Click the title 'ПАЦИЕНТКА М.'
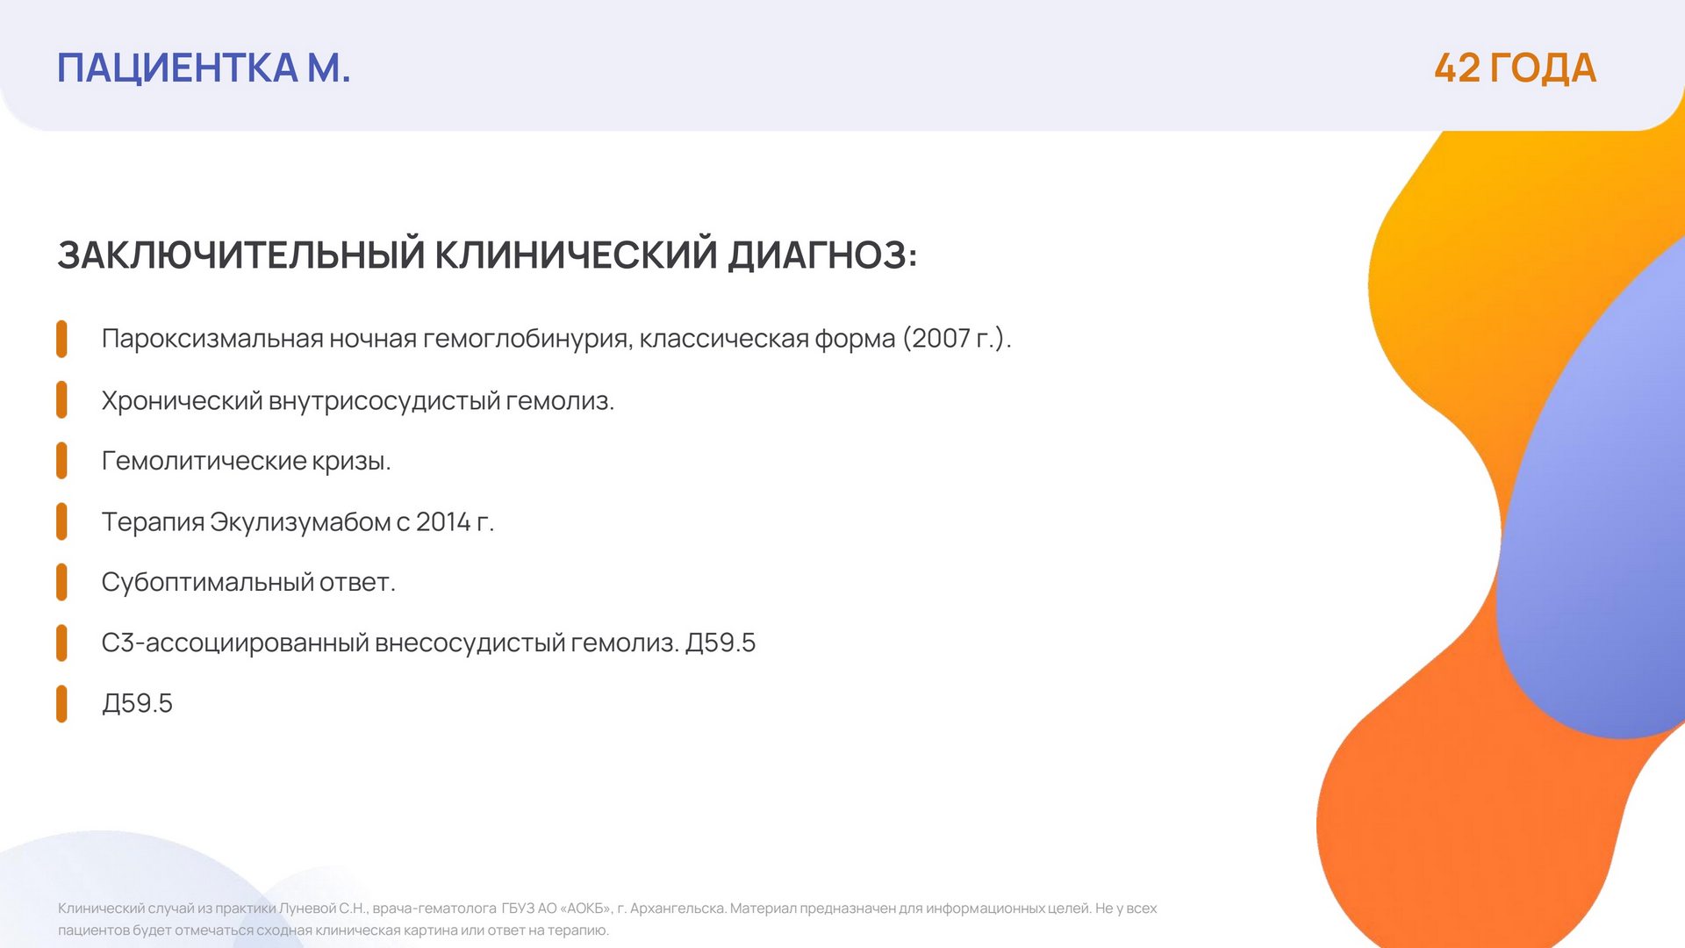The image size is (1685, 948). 204,68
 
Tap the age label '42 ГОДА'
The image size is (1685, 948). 1515,68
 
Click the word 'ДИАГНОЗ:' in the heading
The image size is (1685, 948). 822,255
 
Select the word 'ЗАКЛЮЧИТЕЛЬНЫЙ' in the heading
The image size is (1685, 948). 241,255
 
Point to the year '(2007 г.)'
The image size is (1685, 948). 957,339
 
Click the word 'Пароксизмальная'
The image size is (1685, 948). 212,339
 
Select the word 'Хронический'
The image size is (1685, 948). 182,401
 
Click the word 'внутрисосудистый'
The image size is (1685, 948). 384,401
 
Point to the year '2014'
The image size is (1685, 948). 443,522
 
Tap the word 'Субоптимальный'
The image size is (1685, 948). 207,583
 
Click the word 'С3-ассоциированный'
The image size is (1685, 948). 235,643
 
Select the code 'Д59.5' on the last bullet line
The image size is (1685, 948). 138,704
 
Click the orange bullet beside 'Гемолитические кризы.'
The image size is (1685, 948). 61,461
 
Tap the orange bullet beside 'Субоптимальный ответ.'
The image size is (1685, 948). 61,582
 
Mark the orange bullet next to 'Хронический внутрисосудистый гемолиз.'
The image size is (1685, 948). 61,399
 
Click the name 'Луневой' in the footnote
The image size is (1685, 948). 307,908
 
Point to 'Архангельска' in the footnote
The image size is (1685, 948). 678,908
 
